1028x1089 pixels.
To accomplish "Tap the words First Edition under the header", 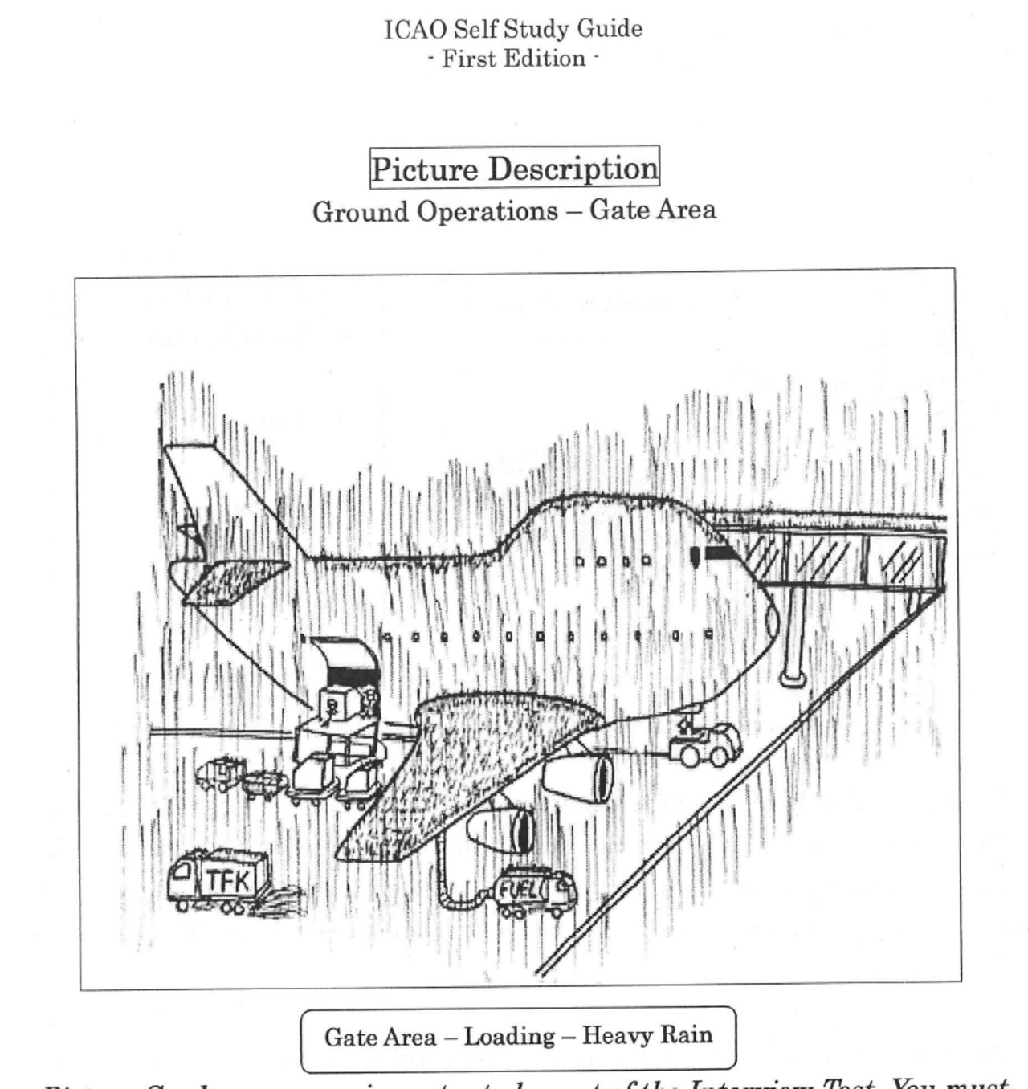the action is tap(513, 59).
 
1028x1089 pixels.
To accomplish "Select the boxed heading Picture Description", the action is tap(514, 169).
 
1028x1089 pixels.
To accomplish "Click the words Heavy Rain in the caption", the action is tap(647, 1035).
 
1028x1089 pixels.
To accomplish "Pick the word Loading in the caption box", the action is tap(509, 1036).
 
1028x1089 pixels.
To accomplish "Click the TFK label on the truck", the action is tap(228, 880).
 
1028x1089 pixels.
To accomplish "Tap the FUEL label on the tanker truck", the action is tap(519, 890).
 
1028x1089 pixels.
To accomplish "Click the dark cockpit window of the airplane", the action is tap(717, 553).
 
